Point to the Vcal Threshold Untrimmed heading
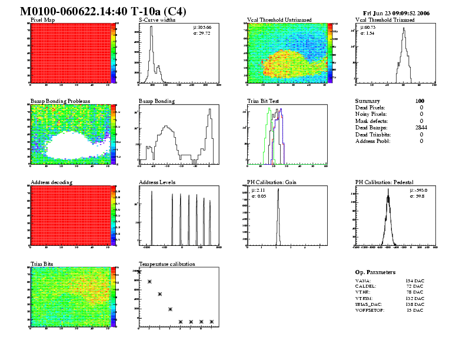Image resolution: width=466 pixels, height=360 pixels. [279, 20]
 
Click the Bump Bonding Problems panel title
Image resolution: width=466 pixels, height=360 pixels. [60, 101]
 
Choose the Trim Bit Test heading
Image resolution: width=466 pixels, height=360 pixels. [263, 101]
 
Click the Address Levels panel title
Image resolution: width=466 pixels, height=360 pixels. [157, 182]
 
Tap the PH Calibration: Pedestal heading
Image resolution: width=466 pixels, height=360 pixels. [385, 182]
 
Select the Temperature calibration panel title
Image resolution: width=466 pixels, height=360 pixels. [167, 264]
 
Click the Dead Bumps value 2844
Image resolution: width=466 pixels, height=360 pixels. [421, 128]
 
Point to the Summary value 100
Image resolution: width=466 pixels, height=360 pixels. [420, 101]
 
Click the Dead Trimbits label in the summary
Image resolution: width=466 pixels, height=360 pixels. [374, 135]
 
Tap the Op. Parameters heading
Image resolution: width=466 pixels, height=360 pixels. [375, 272]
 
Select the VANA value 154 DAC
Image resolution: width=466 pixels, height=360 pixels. [415, 281]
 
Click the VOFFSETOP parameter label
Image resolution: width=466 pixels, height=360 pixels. [370, 310]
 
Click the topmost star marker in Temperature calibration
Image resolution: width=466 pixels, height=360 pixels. [139, 272]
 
